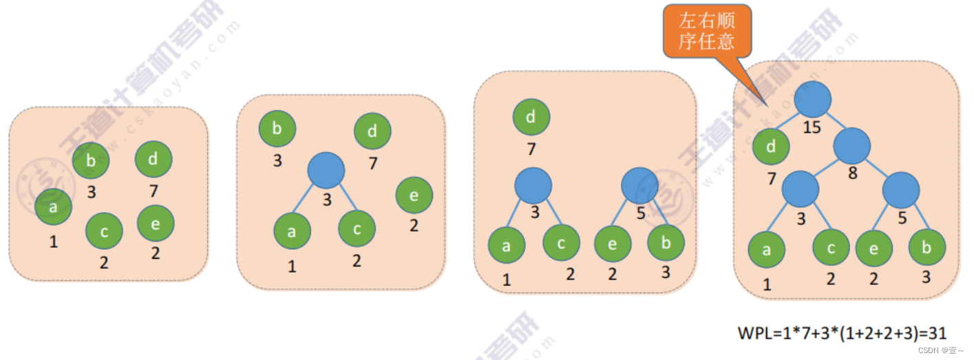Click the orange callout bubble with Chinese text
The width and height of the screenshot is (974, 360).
(x=707, y=32)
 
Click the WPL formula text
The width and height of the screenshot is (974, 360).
(x=842, y=334)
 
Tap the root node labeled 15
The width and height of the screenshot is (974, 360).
(x=813, y=99)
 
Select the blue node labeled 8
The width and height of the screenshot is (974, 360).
(x=852, y=145)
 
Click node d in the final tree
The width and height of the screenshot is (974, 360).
(x=770, y=145)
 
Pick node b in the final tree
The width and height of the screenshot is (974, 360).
(x=927, y=248)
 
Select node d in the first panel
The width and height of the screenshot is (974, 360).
(x=153, y=159)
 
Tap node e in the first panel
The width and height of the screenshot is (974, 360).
(x=156, y=223)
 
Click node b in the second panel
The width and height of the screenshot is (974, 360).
(x=277, y=129)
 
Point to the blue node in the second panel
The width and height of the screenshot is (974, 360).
(x=326, y=170)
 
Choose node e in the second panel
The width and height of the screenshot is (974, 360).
(x=414, y=195)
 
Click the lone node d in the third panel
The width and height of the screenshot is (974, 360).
(x=531, y=116)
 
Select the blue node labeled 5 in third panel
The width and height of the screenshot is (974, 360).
(x=639, y=184)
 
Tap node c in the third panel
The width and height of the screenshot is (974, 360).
(x=562, y=243)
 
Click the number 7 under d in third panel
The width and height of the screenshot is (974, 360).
(x=531, y=149)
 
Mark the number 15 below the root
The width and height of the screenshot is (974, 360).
(x=812, y=127)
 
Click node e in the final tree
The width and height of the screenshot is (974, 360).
(x=874, y=248)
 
